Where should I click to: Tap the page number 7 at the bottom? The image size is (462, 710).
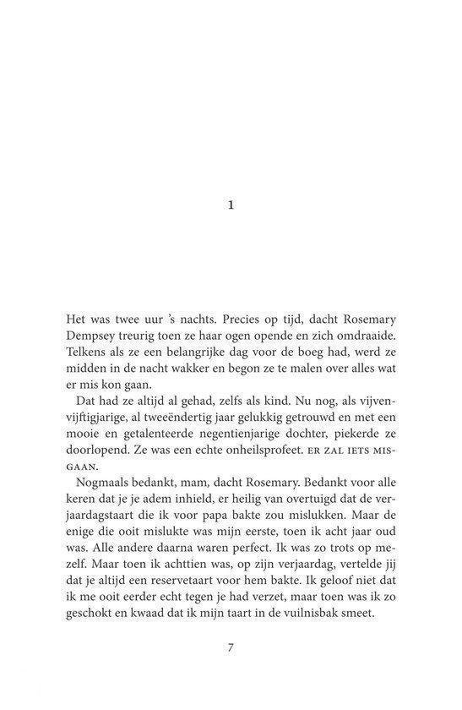tap(231, 648)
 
